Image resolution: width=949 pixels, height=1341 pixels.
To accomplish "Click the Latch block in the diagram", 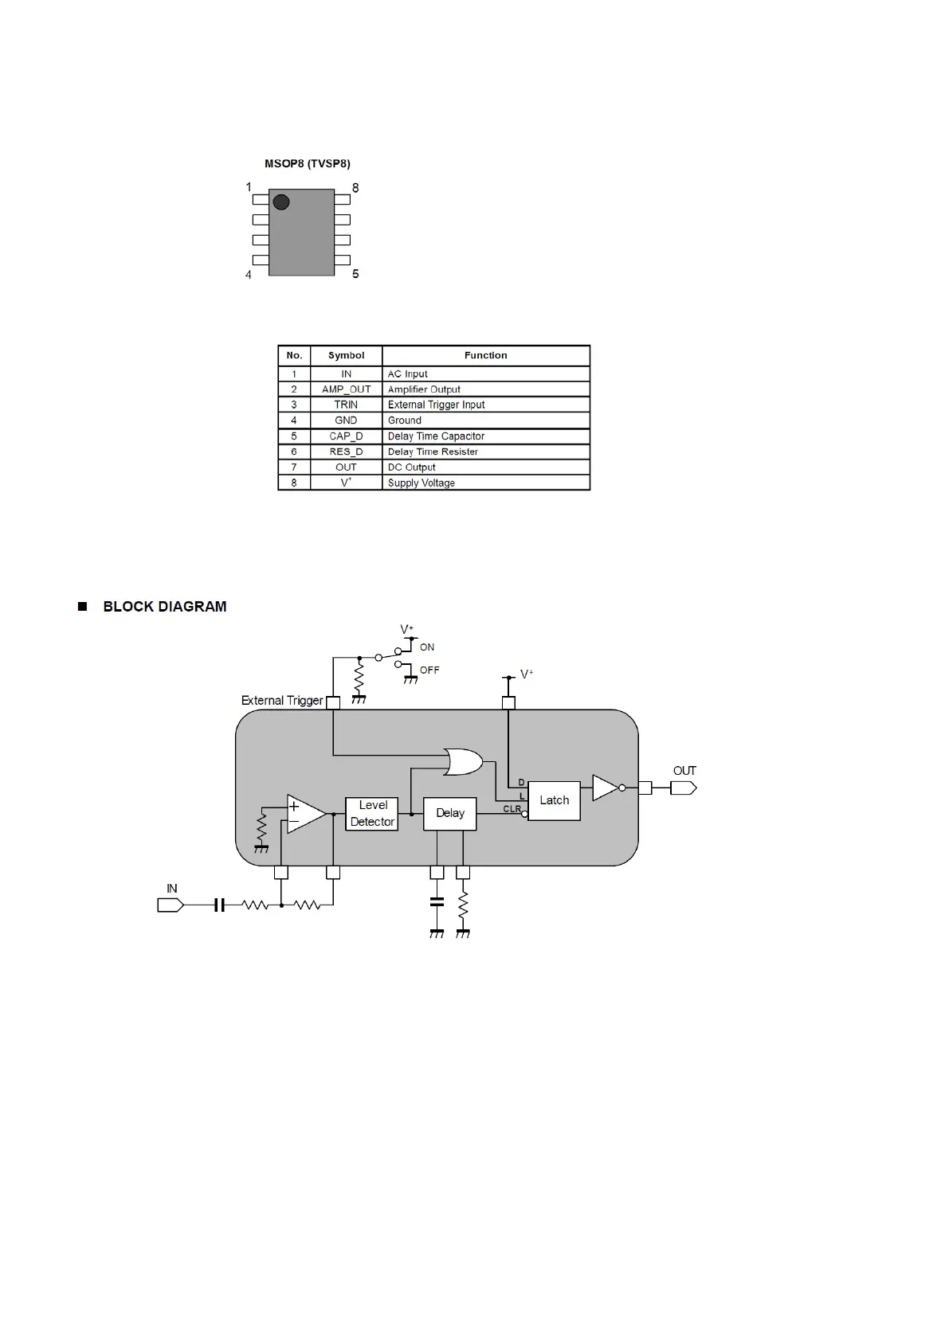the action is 554,800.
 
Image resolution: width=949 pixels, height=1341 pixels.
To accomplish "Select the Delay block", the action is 449,813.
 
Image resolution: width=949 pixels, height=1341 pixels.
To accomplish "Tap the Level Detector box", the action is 372,813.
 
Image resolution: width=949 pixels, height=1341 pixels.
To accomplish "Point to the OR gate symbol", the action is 463,762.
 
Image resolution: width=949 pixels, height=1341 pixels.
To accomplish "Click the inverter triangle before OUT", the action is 606,788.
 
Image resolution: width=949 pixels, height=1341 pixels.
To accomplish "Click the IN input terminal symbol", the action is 171,905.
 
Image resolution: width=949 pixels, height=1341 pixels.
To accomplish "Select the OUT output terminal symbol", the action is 683,788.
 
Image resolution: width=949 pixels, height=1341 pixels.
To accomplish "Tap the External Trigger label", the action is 281,701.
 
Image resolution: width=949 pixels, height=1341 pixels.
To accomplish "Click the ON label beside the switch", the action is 427,647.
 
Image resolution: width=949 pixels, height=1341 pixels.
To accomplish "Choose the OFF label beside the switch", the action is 429,670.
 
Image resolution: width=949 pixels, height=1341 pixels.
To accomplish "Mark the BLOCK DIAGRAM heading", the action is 164,607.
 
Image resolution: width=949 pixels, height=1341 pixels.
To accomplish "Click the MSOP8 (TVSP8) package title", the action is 307,164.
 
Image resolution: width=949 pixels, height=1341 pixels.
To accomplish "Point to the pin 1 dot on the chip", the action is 280,201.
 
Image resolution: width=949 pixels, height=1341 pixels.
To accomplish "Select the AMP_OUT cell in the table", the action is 346,389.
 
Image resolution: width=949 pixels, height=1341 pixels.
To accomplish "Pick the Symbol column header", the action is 346,355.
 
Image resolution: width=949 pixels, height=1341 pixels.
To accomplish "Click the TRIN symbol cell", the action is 346,405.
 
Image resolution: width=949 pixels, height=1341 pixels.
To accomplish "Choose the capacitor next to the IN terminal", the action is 220,905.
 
